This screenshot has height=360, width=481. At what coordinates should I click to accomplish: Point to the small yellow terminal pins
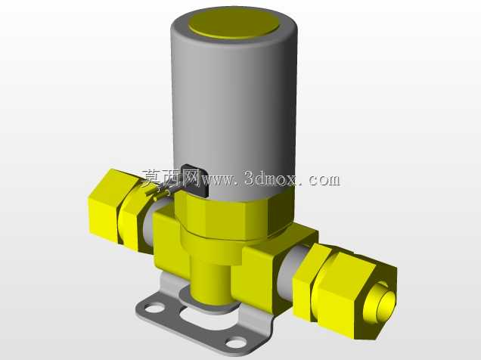pyautogui.click(x=158, y=194)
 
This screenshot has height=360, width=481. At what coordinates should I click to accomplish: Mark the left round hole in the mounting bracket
pyautogui.click(x=156, y=307)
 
